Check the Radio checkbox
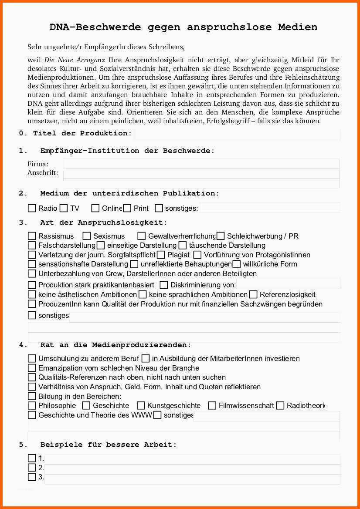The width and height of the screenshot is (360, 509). pyautogui.click(x=32, y=208)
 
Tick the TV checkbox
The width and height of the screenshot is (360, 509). pyautogui.click(x=64, y=208)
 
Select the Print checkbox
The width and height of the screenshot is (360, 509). pyautogui.click(x=127, y=208)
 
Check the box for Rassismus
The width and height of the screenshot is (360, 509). pyautogui.click(x=32, y=236)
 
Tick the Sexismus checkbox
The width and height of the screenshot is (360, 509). pyautogui.click(x=87, y=236)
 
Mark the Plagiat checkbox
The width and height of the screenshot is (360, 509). pyautogui.click(x=161, y=255)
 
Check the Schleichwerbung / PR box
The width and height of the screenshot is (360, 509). pyautogui.click(x=221, y=236)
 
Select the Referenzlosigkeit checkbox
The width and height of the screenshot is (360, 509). pyautogui.click(x=253, y=295)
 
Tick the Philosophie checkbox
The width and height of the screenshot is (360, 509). pyautogui.click(x=32, y=406)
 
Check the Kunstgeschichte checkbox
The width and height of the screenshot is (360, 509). pyautogui.click(x=141, y=406)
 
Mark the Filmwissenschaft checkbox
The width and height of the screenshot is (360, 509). pyautogui.click(x=212, y=406)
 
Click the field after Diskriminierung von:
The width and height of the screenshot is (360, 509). pyautogui.click(x=288, y=285)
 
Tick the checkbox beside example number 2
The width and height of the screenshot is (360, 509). pyautogui.click(x=32, y=468)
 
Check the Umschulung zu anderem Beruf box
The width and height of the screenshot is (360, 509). pyautogui.click(x=32, y=359)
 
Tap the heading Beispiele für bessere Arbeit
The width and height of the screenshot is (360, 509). pyautogui.click(x=109, y=445)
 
